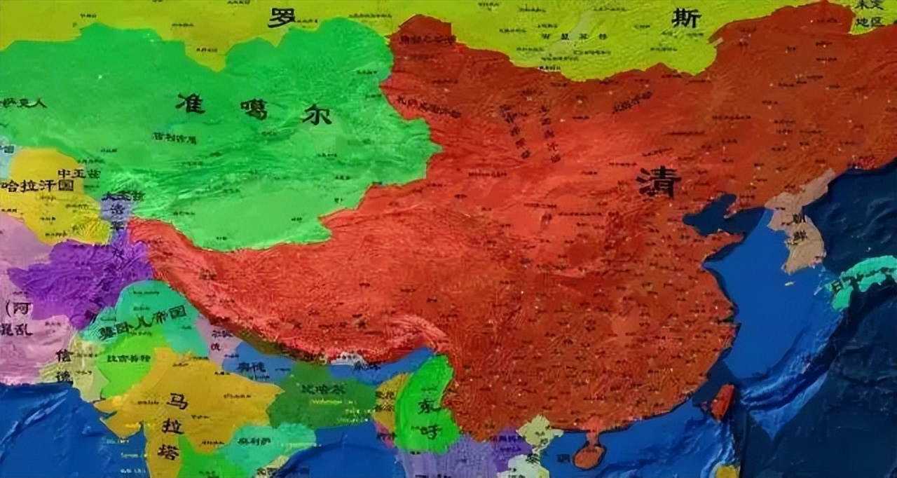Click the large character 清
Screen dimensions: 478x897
[x=659, y=182]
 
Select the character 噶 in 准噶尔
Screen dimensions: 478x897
[x=254, y=109]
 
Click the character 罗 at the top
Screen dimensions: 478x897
[x=282, y=17]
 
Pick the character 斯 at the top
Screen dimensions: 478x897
[x=685, y=18]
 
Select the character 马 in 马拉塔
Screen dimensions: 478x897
[x=177, y=402]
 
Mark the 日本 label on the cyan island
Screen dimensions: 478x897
[x=841, y=284]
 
